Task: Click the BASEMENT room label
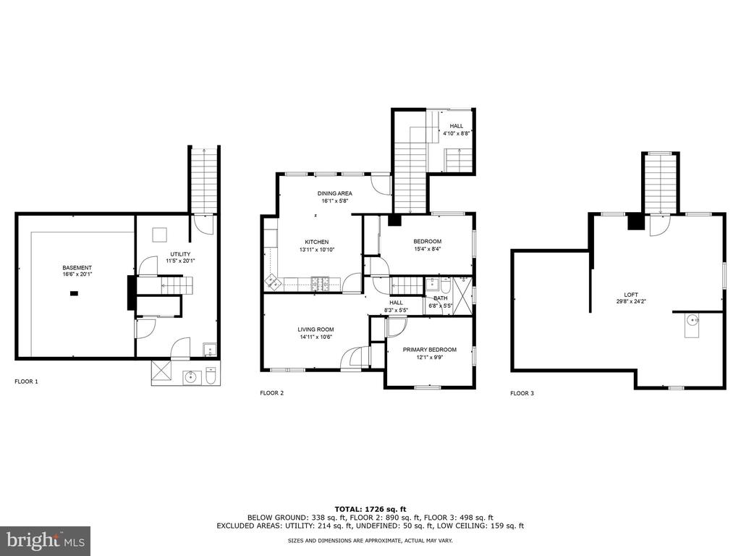point(77,268)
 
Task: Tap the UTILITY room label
point(180,254)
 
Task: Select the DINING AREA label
point(334,193)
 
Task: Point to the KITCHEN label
point(317,242)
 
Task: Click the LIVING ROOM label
point(316,329)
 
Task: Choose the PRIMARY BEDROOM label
point(430,350)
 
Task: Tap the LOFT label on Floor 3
point(631,295)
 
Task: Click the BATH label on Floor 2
point(441,298)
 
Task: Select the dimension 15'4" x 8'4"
point(427,249)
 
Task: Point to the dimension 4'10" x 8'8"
point(456,133)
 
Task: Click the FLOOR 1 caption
point(27,382)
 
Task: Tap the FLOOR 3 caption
point(522,393)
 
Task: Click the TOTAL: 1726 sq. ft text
point(370,509)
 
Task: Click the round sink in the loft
point(693,321)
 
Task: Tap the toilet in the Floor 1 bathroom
point(211,376)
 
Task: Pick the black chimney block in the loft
point(636,222)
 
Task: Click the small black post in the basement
point(75,294)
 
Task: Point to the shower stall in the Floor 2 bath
point(462,296)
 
